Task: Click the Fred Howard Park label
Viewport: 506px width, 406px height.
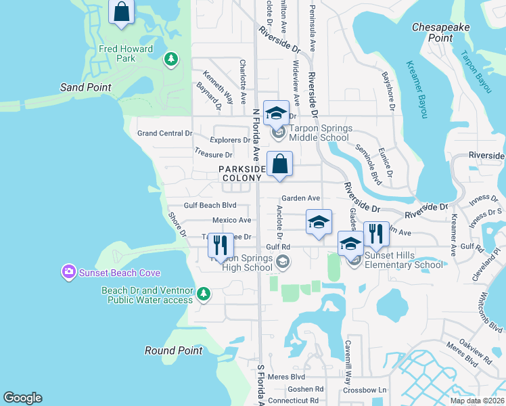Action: click(108, 53)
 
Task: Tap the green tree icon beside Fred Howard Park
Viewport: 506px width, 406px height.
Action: click(171, 60)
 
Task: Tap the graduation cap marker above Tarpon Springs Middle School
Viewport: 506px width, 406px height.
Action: click(276, 114)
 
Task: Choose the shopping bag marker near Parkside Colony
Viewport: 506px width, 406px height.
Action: click(279, 164)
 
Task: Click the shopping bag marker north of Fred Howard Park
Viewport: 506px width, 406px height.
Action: click(122, 12)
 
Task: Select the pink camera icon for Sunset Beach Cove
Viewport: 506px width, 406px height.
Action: click(68, 273)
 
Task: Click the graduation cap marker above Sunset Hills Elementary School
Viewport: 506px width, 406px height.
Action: click(350, 244)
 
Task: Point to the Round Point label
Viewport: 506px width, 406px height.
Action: click(173, 351)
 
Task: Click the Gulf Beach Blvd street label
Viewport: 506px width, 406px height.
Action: click(210, 205)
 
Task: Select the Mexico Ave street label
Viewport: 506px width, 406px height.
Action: click(231, 220)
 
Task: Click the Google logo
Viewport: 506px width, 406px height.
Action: click(22, 398)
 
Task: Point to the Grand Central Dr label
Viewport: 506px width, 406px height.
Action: click(165, 133)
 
